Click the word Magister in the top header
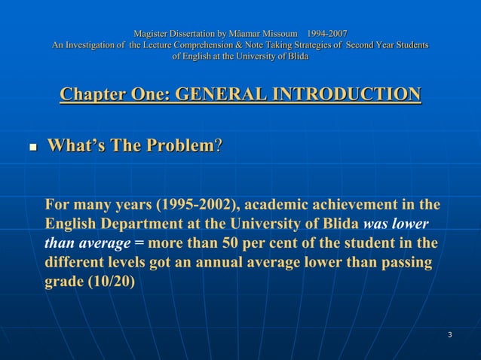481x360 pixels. [150, 34]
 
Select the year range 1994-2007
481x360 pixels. [327, 34]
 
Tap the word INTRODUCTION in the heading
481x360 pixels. [342, 95]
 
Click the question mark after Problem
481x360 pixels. [219, 145]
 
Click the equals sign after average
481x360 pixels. [139, 244]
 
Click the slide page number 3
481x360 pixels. [449, 334]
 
